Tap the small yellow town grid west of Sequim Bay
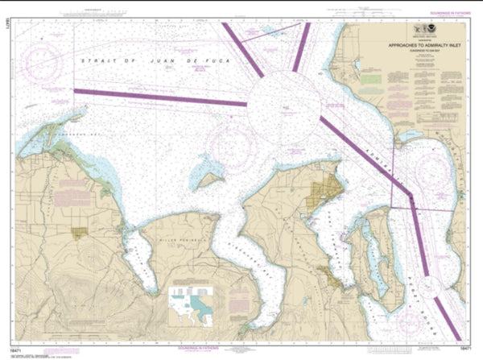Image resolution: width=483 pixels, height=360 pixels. (x=78, y=233)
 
